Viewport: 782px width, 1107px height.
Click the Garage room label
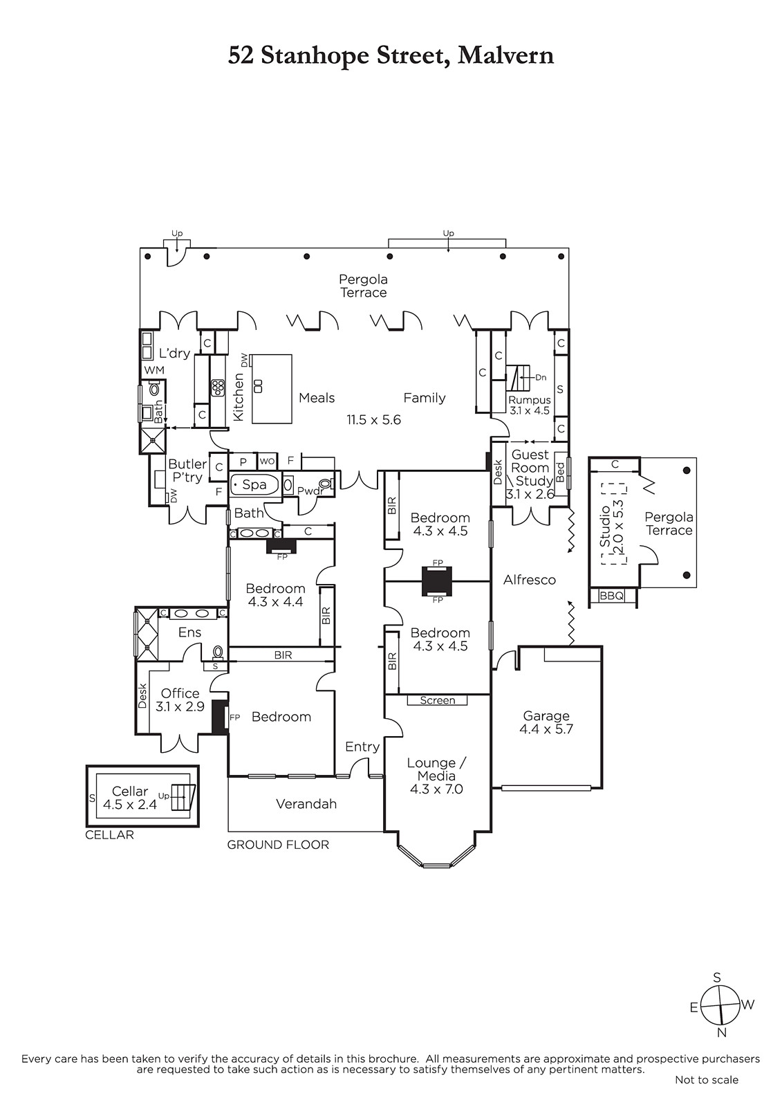(546, 715)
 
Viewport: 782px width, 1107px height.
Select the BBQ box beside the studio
(612, 596)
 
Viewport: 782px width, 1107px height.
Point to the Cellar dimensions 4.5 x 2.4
(130, 805)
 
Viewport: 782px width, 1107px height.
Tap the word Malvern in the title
(505, 55)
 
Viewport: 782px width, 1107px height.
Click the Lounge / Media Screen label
(438, 700)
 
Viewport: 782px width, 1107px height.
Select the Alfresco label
(530, 580)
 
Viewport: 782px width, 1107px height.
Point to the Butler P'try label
(187, 470)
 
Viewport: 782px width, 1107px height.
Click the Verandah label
(306, 804)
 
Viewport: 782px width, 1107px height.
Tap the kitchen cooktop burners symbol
(217, 387)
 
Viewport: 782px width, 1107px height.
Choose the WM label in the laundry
(154, 369)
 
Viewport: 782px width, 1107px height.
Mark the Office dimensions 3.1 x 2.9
(180, 706)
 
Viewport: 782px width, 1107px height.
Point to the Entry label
(362, 747)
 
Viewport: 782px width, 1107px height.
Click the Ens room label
(189, 632)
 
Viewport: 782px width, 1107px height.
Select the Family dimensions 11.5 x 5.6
(373, 420)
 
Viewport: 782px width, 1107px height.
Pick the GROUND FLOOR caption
(278, 845)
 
